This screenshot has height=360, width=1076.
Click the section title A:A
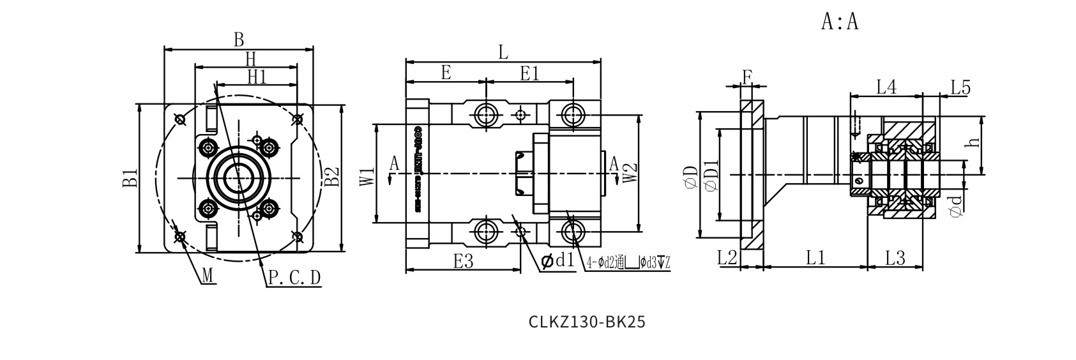[x=839, y=22]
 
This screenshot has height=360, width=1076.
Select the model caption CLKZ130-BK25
[x=587, y=322]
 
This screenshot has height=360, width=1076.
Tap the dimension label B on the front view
[x=238, y=40]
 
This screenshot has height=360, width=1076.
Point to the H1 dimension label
[x=257, y=77]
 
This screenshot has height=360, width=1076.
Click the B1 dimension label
[x=130, y=178]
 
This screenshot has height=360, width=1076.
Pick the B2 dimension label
[x=331, y=178]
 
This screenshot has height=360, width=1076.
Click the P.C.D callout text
[x=294, y=278]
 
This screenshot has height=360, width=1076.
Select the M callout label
[x=208, y=276]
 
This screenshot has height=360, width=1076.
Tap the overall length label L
[x=503, y=52]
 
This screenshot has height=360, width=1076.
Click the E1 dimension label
[x=529, y=73]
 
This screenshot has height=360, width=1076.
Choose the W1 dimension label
[x=366, y=177]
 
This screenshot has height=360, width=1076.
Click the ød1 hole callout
[x=557, y=260]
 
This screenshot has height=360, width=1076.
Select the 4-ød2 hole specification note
[x=628, y=262]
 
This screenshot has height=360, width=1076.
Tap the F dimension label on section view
[x=746, y=77]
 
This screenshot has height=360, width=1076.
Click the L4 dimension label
[x=886, y=87]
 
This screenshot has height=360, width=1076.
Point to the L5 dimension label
[x=960, y=87]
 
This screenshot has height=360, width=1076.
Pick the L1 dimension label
[x=815, y=257]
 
